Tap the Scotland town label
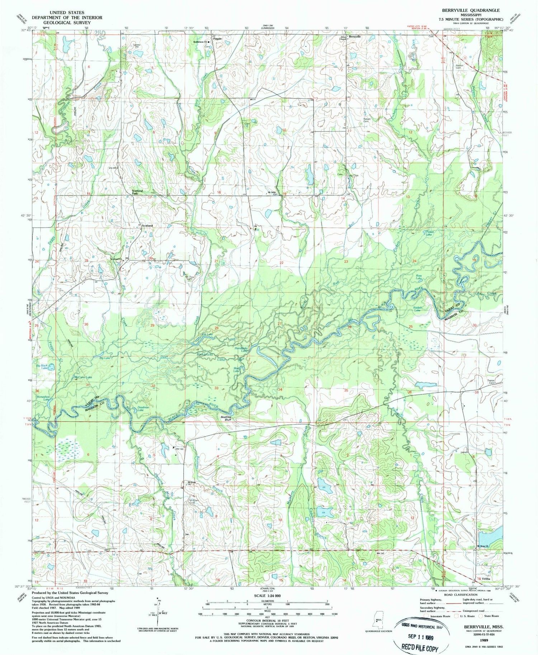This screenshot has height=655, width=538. (147, 226)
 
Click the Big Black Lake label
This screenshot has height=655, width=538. (42, 366)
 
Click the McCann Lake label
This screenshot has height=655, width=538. (83, 377)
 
